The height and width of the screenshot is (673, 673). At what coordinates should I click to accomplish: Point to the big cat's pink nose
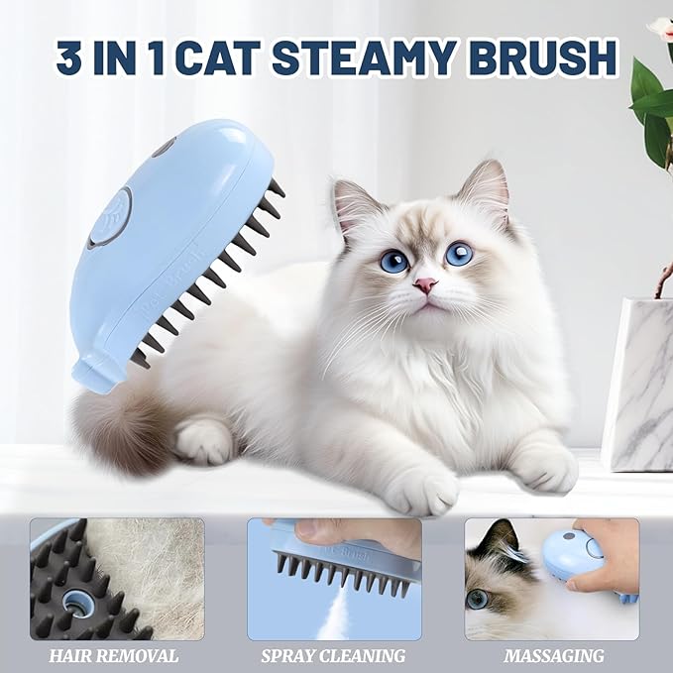426,286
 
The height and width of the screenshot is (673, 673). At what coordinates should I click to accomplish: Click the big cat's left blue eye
393,261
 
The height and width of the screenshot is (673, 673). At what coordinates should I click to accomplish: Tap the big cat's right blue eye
459,254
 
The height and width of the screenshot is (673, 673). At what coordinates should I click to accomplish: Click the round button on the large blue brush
109,218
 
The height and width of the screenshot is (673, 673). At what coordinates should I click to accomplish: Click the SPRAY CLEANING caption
333,656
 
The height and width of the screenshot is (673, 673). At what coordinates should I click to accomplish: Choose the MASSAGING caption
552,656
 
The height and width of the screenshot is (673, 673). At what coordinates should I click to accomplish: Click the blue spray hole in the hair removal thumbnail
75,601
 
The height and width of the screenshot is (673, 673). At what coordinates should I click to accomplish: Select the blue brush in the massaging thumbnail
572,555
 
